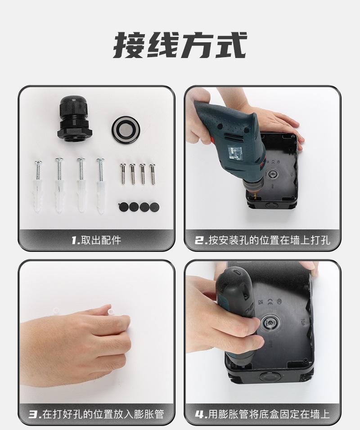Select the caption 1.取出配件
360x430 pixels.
[96, 240]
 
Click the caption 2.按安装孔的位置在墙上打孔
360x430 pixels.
[262, 240]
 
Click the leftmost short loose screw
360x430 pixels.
[122, 173]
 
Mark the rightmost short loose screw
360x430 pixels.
[153, 173]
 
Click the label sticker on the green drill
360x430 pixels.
[236, 154]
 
